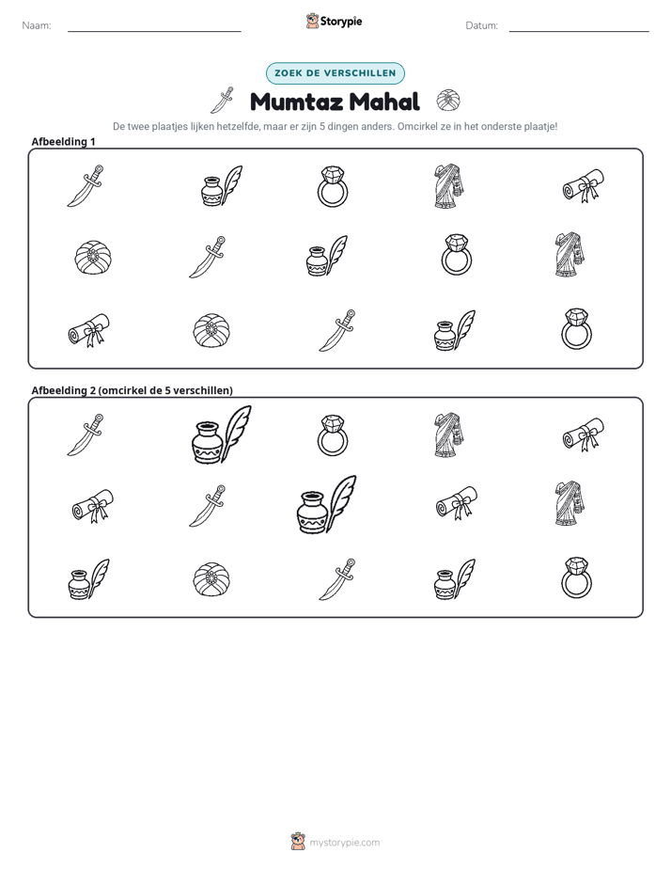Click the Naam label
(x=37, y=25)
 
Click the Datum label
(x=481, y=25)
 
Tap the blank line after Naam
(x=154, y=31)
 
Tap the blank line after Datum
(x=579, y=31)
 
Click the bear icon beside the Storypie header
(x=312, y=21)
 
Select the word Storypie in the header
(x=341, y=22)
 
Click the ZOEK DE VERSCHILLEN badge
(x=335, y=73)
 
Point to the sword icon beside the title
(x=222, y=101)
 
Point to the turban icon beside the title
(x=448, y=101)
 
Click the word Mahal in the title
(x=384, y=102)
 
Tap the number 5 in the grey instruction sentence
(x=322, y=126)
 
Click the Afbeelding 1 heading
(x=63, y=142)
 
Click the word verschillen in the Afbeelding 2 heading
(x=200, y=390)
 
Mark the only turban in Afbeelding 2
(x=212, y=579)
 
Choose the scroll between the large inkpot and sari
(x=457, y=503)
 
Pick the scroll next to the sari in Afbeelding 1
(x=584, y=185)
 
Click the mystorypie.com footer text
(x=344, y=843)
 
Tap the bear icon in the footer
(x=298, y=842)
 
